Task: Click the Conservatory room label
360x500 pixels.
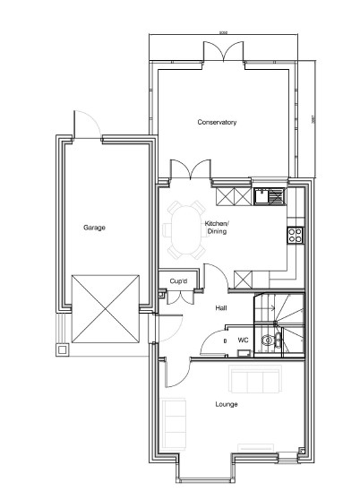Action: click(x=217, y=122)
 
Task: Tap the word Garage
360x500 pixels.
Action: click(x=95, y=228)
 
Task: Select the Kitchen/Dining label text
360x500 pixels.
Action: click(x=218, y=227)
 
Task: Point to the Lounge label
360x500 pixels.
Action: click(x=226, y=403)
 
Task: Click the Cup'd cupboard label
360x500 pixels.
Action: click(x=178, y=281)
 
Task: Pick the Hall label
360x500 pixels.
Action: click(x=220, y=307)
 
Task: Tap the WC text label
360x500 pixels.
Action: click(x=243, y=341)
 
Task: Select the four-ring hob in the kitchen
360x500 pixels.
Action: click(x=293, y=236)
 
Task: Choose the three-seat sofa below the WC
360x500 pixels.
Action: click(x=253, y=380)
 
